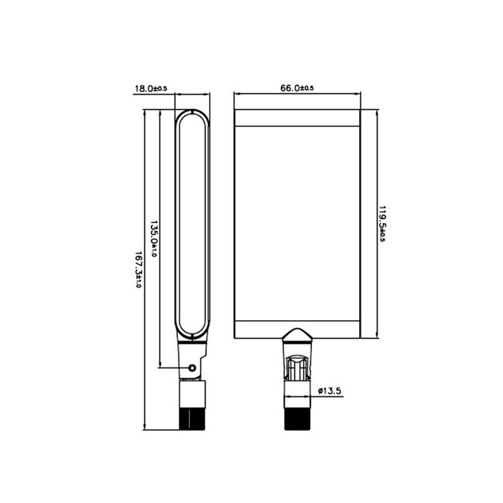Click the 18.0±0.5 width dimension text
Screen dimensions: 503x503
point(152,89)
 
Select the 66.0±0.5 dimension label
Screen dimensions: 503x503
point(296,88)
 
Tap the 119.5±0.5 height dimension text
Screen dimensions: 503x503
point(382,224)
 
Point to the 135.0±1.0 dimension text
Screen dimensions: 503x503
point(153,239)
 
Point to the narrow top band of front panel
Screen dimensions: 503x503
point(297,118)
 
